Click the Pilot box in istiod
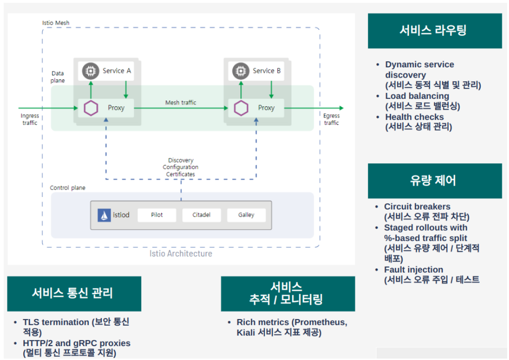click(157, 215)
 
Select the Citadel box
click(201, 215)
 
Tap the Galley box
click(246, 215)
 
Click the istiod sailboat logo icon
click(104, 215)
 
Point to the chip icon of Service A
click(90, 71)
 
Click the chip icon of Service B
click(240, 71)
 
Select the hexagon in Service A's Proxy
click(91, 108)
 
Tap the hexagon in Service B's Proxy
click(241, 108)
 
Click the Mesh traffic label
click(181, 103)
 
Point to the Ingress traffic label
click(30, 119)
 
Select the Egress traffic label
click(331, 119)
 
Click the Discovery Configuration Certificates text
click(181, 167)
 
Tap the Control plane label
click(68, 188)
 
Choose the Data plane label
click(58, 77)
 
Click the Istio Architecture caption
click(181, 254)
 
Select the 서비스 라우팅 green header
click(435, 31)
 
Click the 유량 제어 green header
click(435, 181)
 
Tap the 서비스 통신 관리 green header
click(74, 294)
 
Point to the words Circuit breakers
click(417, 207)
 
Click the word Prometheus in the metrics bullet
click(320, 322)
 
